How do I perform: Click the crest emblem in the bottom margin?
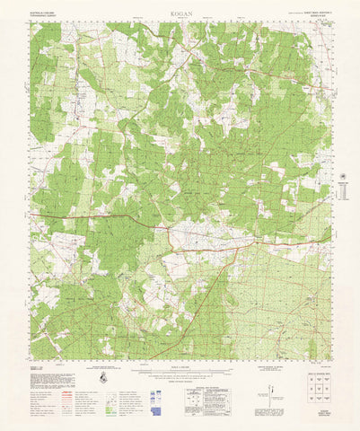click(x=104, y=378)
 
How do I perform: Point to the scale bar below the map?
click(x=176, y=369)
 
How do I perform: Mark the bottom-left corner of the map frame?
click(x=31, y=359)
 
